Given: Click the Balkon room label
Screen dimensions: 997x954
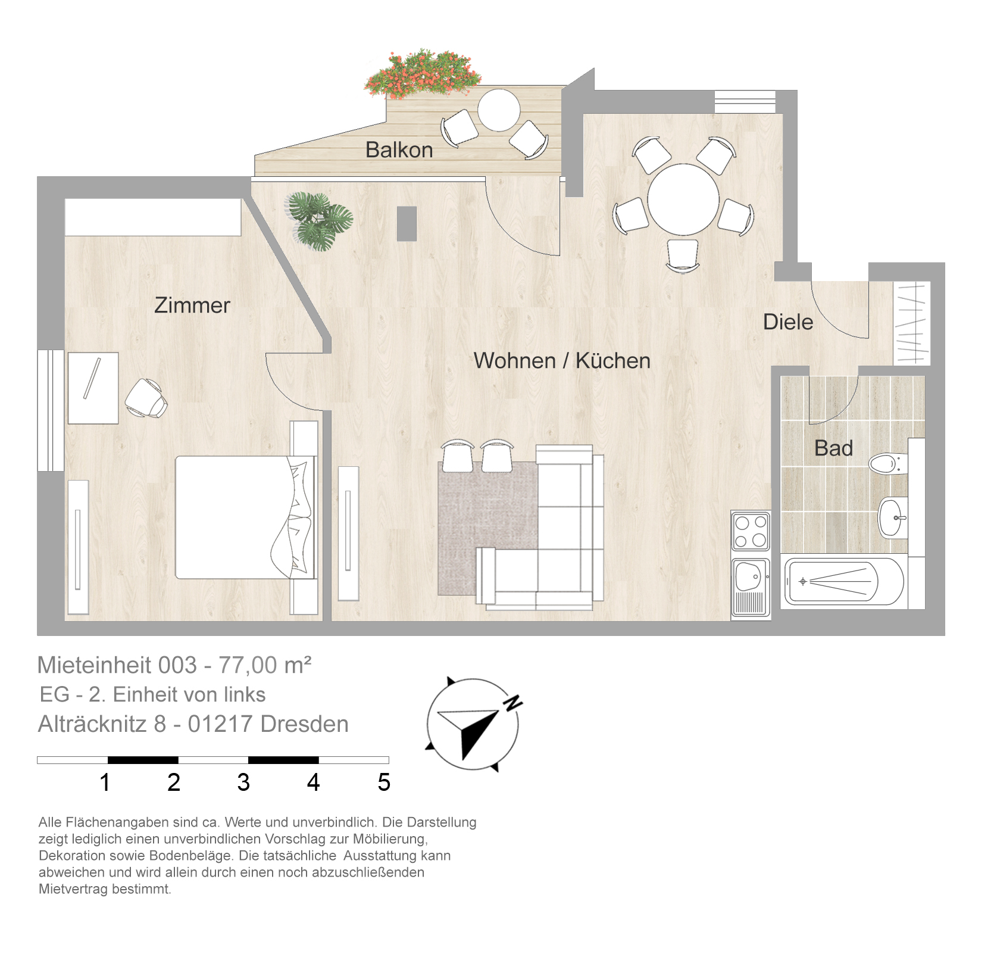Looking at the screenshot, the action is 399,149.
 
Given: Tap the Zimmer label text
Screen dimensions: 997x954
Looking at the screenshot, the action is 192,305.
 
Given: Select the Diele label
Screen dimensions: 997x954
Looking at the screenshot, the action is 788,322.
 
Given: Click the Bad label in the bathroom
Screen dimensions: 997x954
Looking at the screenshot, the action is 833,448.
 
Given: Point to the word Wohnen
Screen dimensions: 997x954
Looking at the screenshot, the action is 514,360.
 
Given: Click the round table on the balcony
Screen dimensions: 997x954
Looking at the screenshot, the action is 499,110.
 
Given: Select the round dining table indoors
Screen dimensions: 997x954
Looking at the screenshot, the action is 683,200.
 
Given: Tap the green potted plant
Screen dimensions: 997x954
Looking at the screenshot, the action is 320,220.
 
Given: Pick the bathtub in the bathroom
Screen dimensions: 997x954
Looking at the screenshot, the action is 844,581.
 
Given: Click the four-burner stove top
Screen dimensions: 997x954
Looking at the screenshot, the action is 751,531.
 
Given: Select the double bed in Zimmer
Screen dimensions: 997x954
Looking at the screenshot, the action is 245,517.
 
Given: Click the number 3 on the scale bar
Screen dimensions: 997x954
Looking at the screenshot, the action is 243,782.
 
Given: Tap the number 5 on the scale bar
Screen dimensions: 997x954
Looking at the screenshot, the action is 384,782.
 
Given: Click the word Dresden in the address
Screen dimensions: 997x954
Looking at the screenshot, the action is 305,724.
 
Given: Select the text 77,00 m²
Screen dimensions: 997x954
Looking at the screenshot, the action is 265,665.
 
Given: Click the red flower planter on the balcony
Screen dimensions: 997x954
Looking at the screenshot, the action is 423,74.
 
